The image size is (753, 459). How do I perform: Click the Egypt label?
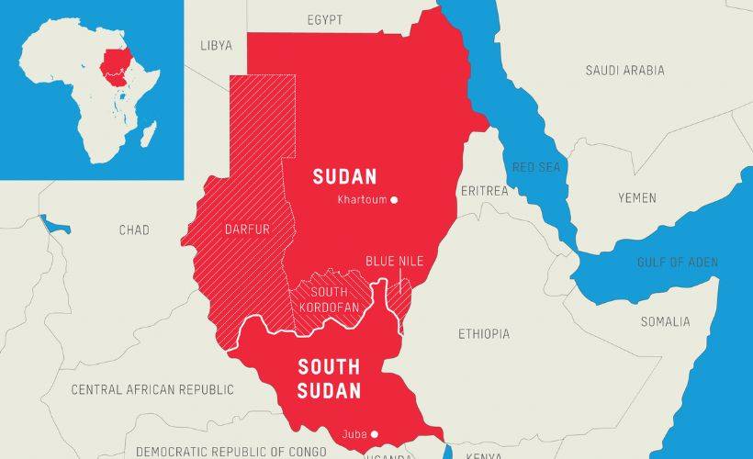324,19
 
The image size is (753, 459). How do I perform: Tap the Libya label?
217,45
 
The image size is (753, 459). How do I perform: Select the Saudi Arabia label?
624,70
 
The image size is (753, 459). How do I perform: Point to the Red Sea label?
534,166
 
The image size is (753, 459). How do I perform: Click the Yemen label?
636,197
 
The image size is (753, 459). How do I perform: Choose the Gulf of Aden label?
678,263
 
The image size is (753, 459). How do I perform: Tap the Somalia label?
665,321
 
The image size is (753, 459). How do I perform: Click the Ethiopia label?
484,334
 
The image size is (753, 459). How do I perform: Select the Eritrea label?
484,191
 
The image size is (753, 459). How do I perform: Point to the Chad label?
134,229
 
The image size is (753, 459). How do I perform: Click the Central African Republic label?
152,389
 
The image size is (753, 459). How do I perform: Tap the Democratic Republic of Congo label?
230,451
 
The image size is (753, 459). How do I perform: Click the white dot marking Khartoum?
394,199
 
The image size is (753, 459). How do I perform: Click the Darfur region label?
247,229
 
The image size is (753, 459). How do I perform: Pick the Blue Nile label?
394,262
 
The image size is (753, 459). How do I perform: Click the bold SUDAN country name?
344,175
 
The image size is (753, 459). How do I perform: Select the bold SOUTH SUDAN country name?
329,378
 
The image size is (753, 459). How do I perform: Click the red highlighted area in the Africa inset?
116,66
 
